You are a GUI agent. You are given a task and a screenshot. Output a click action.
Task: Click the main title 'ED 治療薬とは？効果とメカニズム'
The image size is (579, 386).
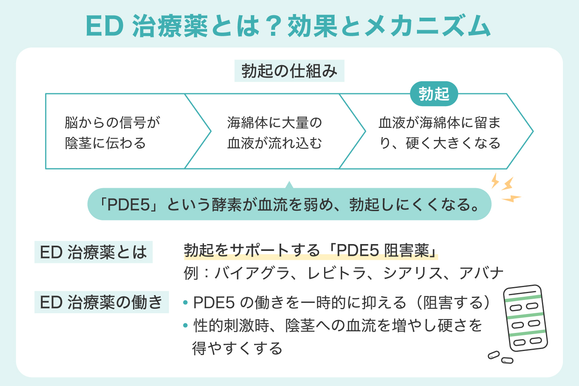point(288,27)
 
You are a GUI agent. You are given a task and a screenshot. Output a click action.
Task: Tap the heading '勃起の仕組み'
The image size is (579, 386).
point(289,71)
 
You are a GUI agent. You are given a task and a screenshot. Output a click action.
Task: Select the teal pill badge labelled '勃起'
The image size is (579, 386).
point(434,94)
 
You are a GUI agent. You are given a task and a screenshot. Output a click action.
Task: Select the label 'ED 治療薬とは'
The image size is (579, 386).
point(93,252)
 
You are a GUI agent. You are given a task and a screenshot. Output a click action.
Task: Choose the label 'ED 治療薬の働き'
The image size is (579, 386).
point(101,302)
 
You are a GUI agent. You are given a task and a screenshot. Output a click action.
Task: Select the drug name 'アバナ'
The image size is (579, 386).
point(481,273)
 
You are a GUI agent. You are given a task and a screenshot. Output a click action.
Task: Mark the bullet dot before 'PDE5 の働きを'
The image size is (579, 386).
point(185,302)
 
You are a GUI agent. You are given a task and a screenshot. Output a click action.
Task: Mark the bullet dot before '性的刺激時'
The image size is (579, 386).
point(185,325)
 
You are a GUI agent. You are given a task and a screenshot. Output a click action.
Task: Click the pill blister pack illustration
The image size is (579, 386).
point(525,318)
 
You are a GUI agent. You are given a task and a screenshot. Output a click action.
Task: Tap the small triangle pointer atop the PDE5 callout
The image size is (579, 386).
point(289,185)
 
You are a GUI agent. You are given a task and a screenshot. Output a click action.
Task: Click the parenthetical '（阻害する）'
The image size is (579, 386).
point(452,302)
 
